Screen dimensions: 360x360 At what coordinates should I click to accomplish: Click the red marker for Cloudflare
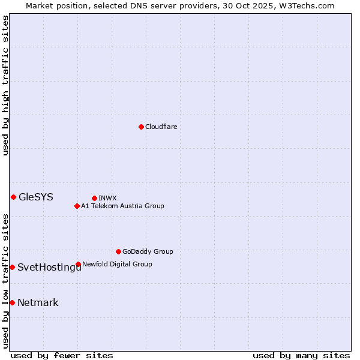[x=141, y=127]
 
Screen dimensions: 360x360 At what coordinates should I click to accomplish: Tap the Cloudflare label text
[x=161, y=127]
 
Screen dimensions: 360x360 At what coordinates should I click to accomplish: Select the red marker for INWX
[x=94, y=198]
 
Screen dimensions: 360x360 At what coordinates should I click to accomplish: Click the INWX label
[x=107, y=199]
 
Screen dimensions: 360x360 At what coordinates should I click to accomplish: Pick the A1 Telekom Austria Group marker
[x=77, y=206]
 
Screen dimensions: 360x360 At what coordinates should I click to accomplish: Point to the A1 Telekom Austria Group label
[x=122, y=206]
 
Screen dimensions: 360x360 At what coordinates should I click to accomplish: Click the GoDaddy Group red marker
[x=118, y=251]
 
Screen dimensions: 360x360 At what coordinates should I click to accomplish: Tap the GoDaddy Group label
[x=148, y=252]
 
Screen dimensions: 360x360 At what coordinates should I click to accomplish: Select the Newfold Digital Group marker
[x=78, y=264]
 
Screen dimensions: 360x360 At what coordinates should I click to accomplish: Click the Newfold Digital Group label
[x=117, y=265]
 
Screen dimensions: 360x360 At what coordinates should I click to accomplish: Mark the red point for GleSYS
[x=13, y=197]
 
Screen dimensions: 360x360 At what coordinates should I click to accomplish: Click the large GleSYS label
[x=36, y=197]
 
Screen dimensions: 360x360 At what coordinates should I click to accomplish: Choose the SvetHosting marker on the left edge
[x=12, y=267]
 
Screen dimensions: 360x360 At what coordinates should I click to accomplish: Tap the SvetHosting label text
[x=49, y=268]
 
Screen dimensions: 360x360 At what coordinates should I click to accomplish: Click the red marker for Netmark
[x=12, y=302]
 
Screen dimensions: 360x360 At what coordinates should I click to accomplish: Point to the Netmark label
[x=38, y=303]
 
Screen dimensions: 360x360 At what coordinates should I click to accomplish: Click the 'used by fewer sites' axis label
[x=62, y=356]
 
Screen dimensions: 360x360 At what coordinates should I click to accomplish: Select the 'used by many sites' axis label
[x=301, y=356]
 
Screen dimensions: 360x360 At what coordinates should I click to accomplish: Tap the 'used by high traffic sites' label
[x=6, y=85]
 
